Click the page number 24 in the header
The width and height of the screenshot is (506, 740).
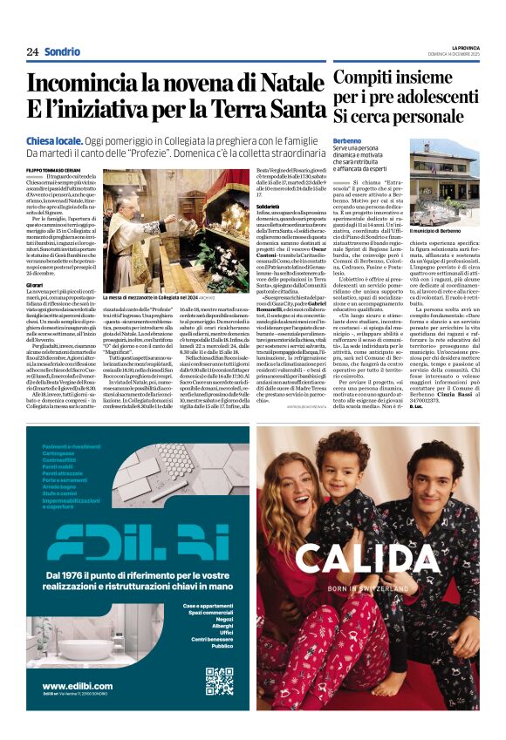tap(32, 51)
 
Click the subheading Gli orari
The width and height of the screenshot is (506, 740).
tap(36, 285)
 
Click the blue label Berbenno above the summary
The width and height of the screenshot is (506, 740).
tap(347, 140)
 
